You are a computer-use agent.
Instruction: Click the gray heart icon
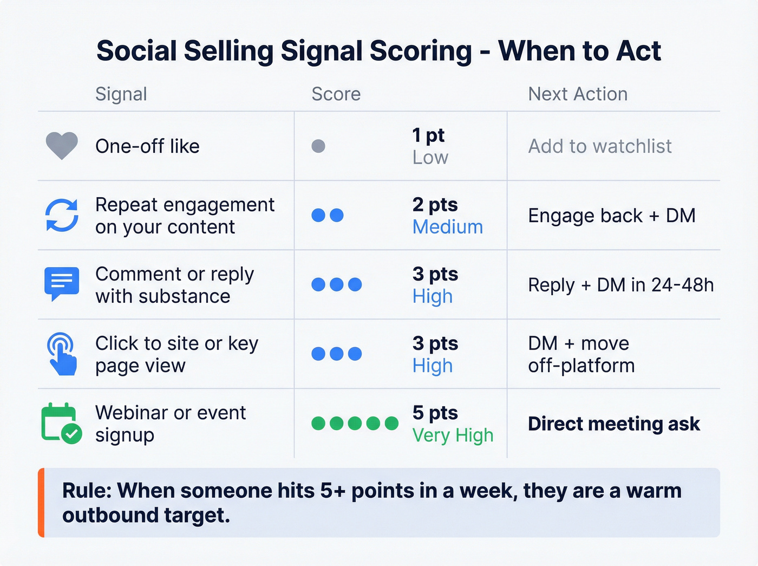pos(62,146)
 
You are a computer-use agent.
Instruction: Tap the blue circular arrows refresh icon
pos(62,215)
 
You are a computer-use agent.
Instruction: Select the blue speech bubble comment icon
pos(62,283)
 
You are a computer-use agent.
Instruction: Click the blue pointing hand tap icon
pos(62,354)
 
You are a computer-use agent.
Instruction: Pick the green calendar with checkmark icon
pos(61,424)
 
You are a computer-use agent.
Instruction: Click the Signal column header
pos(121,94)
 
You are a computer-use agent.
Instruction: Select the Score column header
pos(336,94)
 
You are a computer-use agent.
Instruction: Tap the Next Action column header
pos(578,94)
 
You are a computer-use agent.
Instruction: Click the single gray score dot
pos(318,146)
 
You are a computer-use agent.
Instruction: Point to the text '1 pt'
pos(428,135)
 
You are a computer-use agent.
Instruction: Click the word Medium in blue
pos(447,227)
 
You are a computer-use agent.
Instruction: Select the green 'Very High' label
pos(453,435)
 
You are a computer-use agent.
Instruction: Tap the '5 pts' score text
pos(435,413)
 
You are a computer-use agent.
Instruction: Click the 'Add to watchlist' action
pos(600,146)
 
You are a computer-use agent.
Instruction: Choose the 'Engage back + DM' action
pos(612,216)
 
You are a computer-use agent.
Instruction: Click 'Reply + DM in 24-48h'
pos(620,285)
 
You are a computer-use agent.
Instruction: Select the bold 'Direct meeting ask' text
pos(614,424)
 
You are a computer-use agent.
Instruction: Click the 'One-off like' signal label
pos(147,146)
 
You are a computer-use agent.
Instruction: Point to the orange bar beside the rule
pos(41,503)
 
